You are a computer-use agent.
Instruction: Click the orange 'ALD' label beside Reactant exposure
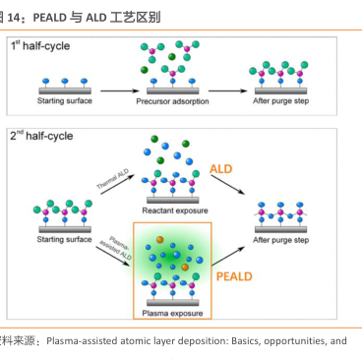coord(220,169)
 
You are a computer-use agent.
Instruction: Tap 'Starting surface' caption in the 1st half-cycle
coord(64,101)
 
